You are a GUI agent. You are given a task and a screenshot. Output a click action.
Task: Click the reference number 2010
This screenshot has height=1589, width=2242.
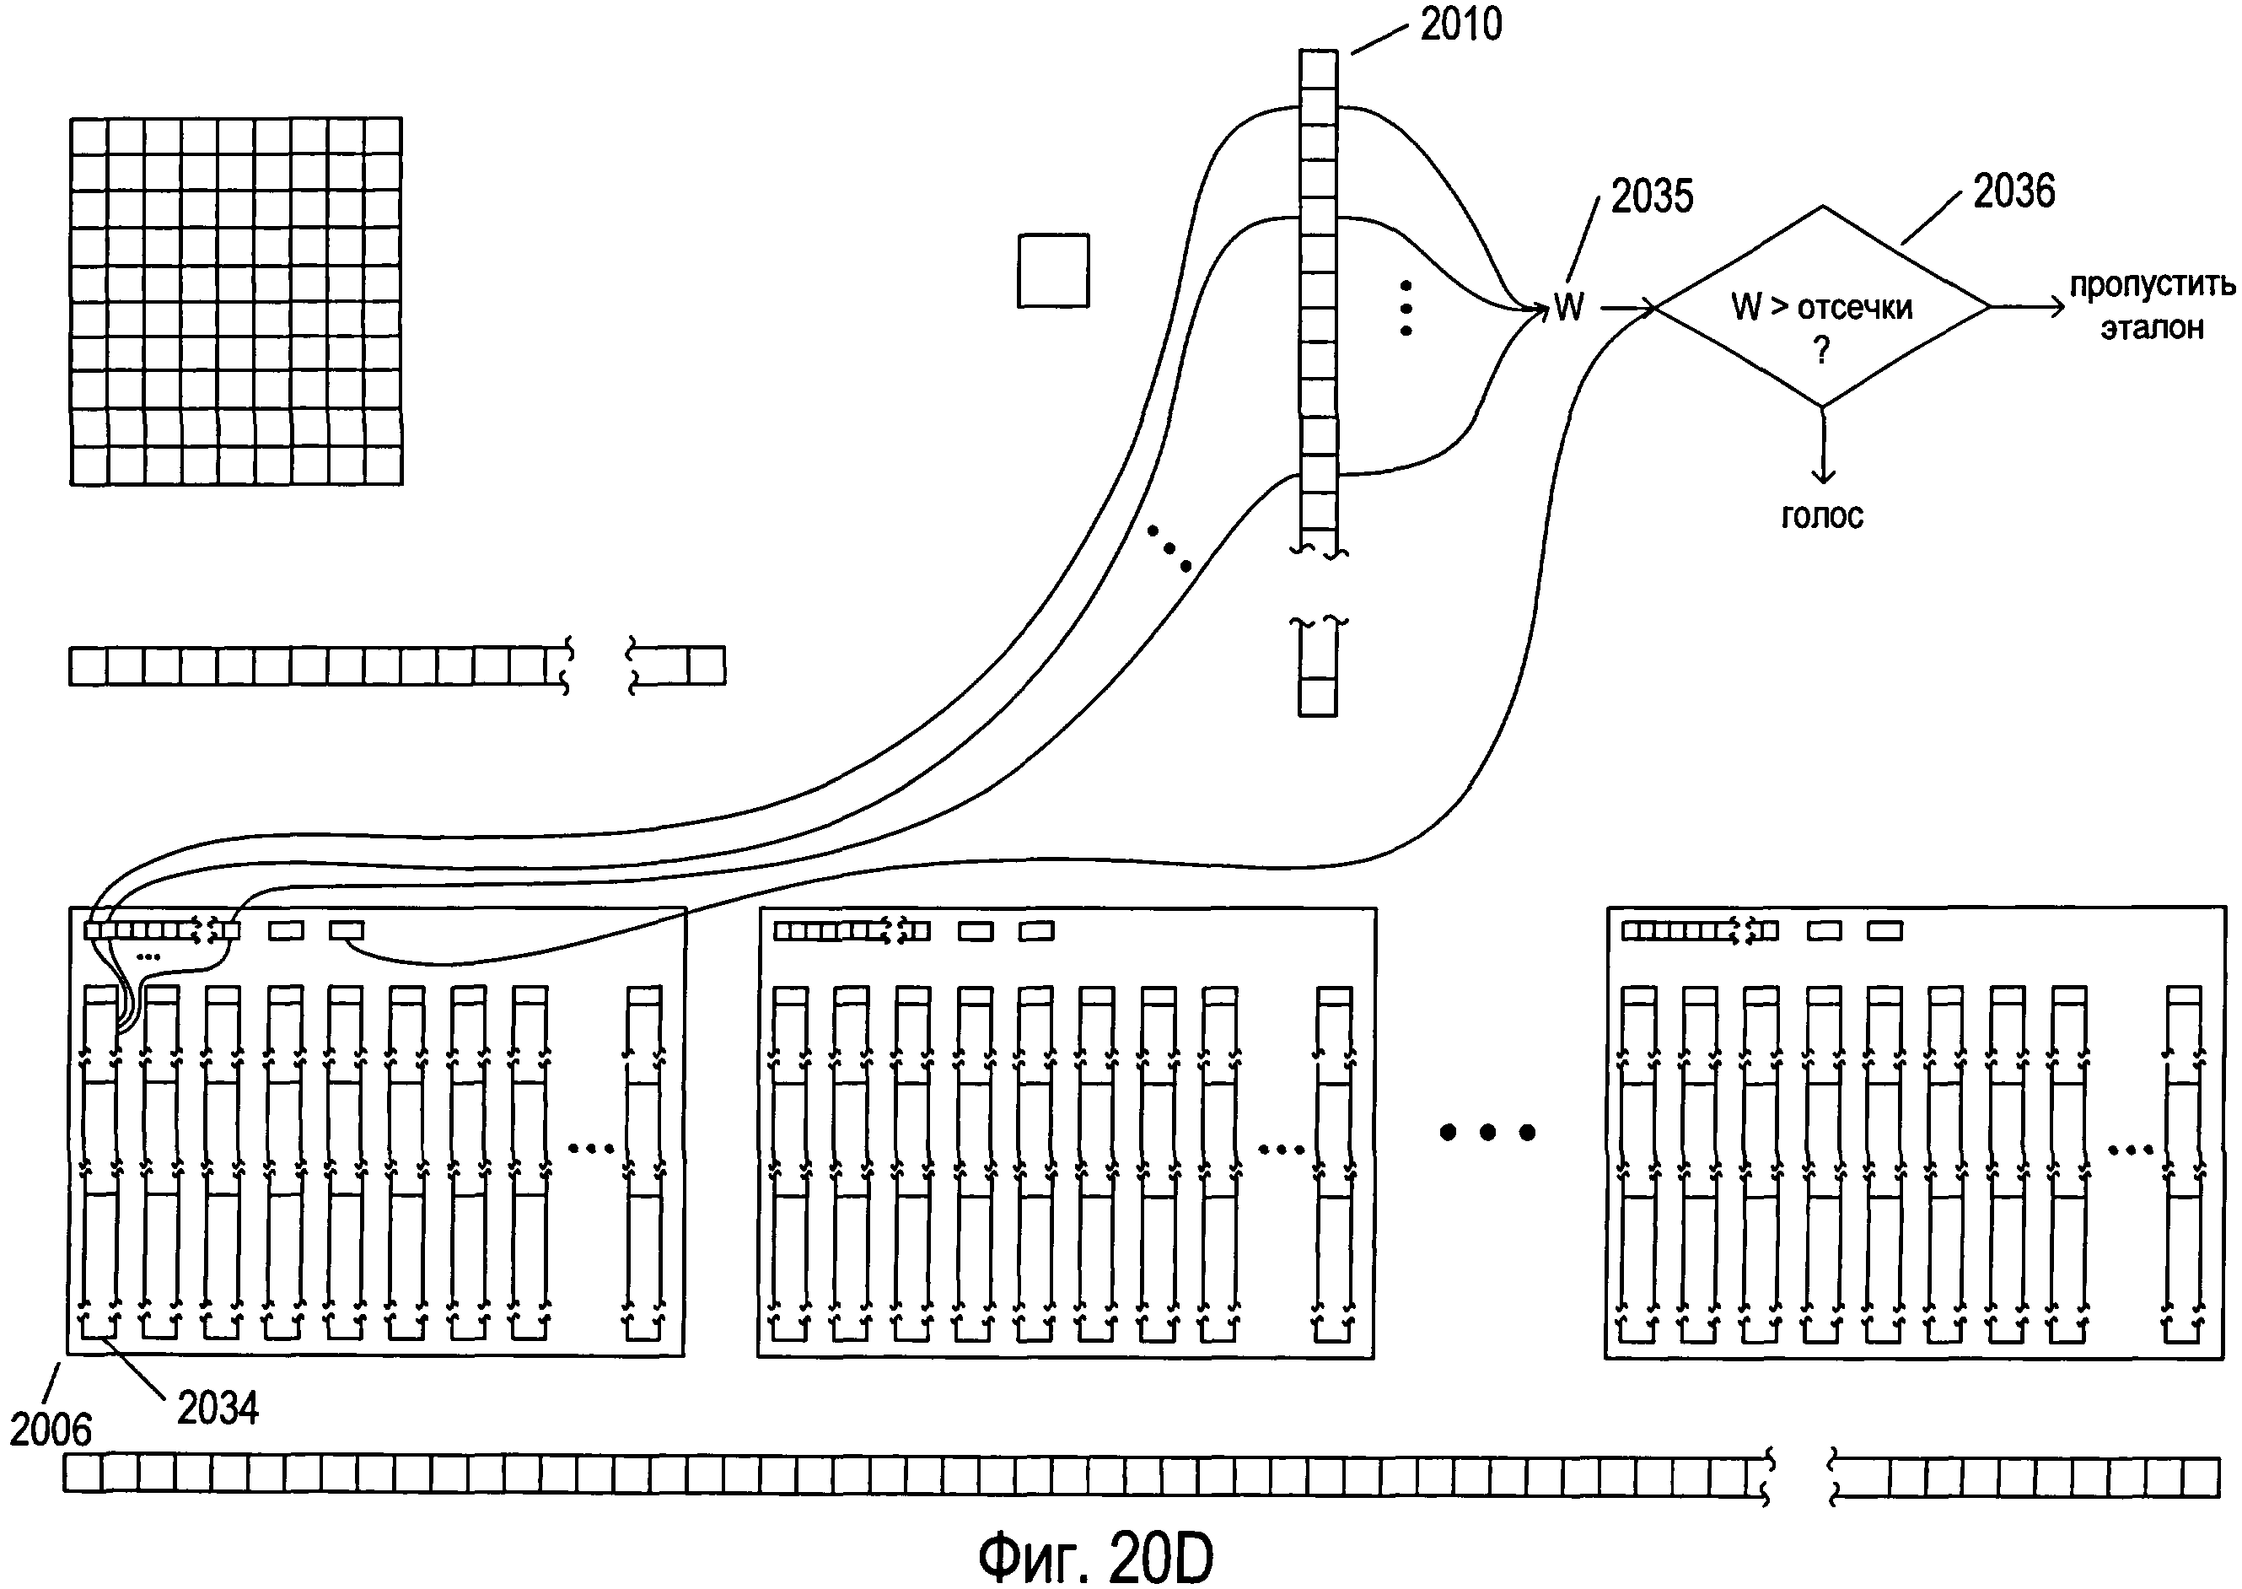[x=1460, y=24]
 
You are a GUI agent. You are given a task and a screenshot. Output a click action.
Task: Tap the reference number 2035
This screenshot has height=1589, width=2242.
[x=1651, y=197]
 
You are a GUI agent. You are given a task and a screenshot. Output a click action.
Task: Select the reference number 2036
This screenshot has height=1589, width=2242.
[x=2013, y=191]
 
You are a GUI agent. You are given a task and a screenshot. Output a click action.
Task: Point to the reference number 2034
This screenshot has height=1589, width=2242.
[x=218, y=1409]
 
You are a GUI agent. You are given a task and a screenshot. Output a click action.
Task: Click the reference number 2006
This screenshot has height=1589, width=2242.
[x=50, y=1430]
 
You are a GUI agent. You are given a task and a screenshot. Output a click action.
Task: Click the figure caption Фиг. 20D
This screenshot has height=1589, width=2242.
[x=1095, y=1557]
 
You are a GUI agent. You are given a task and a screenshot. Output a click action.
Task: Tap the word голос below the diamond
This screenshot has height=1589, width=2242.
[x=1821, y=515]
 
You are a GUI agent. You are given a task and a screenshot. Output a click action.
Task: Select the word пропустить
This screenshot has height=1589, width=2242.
[x=2152, y=285]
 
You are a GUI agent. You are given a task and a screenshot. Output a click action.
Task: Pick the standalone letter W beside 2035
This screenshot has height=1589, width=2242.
[x=1569, y=307]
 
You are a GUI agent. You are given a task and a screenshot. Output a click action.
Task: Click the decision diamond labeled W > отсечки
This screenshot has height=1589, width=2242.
[x=1821, y=306]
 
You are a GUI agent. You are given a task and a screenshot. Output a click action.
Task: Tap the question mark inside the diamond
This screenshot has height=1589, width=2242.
[x=1821, y=349]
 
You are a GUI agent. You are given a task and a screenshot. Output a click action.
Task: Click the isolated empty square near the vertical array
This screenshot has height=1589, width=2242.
[x=1053, y=270]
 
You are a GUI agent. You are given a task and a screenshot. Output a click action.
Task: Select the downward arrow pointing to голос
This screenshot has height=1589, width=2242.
[x=1821, y=445]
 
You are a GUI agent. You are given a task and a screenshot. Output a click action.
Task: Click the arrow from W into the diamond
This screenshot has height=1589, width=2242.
[x=1626, y=308]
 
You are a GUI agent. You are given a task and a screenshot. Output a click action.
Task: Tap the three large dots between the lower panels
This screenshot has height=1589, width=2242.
[x=1487, y=1132]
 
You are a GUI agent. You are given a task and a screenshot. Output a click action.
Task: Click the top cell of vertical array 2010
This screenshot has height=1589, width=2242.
[x=1318, y=68]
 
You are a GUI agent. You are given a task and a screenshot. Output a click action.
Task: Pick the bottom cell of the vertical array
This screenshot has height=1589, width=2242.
[x=1317, y=698]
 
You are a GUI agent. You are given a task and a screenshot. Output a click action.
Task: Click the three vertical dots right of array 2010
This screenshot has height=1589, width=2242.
[x=1406, y=308]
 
